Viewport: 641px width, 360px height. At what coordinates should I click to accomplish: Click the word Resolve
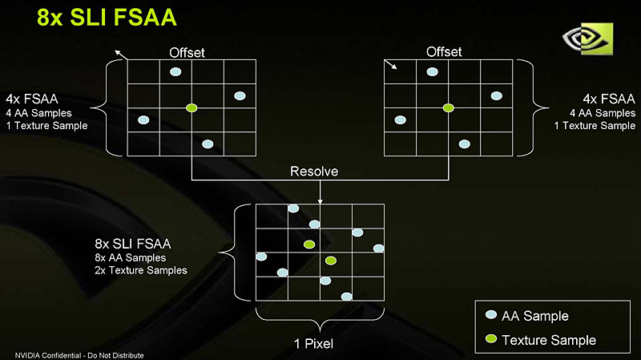coord(314,172)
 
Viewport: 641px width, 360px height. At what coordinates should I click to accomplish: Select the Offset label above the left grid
coord(187,53)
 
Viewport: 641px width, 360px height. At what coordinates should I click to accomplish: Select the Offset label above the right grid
coord(444,52)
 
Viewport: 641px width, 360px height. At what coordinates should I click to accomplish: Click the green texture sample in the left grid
coord(191,107)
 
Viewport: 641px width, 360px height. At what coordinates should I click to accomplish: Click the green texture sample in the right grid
coord(448,107)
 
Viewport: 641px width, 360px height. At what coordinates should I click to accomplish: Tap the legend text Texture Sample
coord(549,340)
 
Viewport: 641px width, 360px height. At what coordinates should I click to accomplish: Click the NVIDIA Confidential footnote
coord(74,354)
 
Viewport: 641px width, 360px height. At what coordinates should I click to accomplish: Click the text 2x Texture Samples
coord(140,271)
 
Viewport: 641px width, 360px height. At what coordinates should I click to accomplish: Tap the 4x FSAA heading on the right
coord(602,99)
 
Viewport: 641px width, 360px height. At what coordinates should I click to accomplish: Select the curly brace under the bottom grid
coord(319,322)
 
